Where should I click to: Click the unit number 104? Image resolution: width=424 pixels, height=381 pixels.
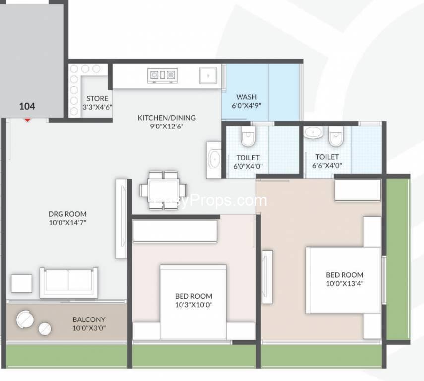[27, 106]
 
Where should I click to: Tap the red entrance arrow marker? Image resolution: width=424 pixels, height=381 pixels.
[27, 120]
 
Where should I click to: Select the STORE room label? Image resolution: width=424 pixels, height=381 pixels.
[97, 98]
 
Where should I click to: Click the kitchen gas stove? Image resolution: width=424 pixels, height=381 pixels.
[162, 75]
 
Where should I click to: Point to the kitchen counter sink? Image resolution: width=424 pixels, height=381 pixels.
[208, 76]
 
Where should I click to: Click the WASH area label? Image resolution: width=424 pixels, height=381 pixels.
[246, 97]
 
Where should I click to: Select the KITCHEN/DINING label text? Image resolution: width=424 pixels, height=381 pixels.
[167, 118]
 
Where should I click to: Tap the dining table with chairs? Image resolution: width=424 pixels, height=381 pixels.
[163, 190]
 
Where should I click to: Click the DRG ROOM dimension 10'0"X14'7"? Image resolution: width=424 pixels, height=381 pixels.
[67, 223]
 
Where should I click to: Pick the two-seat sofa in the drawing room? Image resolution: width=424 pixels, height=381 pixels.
[69, 283]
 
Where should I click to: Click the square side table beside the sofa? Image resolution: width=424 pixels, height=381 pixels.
[22, 283]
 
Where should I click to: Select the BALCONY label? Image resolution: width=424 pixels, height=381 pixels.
[89, 319]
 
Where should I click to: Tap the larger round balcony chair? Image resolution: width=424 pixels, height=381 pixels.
[25, 319]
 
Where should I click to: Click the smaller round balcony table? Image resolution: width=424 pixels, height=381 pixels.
[45, 329]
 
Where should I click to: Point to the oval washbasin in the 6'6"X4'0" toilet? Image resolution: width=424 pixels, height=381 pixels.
[313, 132]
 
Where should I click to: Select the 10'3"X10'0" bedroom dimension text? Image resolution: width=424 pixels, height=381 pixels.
[193, 305]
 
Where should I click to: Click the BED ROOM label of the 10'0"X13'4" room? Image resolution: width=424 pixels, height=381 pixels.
[345, 275]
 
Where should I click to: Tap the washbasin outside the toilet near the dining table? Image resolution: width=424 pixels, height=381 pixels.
[214, 160]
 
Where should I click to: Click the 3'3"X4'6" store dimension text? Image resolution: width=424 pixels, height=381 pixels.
[97, 107]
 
